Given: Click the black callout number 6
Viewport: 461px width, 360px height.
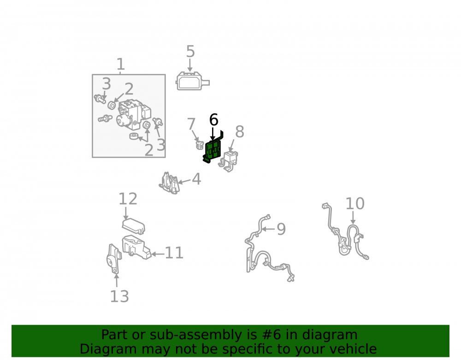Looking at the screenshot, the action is tap(214, 120).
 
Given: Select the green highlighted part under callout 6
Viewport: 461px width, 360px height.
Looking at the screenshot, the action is tap(213, 149).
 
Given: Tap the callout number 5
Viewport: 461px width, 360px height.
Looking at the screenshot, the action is tap(190, 52).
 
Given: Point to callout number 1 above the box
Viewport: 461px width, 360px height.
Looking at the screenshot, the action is tap(120, 65).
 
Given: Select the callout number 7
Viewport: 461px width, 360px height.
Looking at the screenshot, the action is tap(191, 124).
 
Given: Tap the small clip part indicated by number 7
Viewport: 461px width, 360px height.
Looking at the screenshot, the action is tap(200, 145).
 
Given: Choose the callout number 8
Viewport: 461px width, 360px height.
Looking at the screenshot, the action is tap(240, 132).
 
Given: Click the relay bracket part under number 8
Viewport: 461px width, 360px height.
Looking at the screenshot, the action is tap(228, 161).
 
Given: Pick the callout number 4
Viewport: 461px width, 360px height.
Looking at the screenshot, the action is tap(196, 179).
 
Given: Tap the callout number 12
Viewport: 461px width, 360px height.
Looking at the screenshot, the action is tap(128, 199).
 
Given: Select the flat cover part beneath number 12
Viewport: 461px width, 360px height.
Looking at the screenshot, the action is tap(134, 226).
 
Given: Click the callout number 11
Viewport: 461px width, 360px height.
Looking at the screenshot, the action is tap(174, 253).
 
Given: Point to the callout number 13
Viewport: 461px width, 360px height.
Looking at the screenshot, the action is tap(119, 296).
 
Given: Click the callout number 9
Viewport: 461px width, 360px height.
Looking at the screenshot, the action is tap(281, 229).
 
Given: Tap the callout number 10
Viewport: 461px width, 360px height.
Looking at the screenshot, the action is tap(355, 203).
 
